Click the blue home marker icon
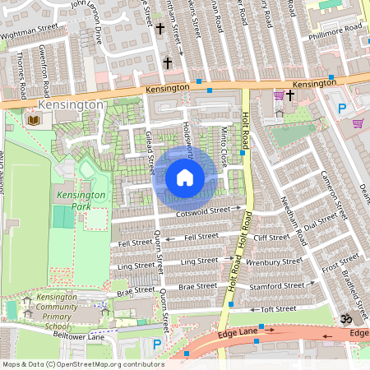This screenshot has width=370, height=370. [185, 178]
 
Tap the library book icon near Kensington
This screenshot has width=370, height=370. [33, 121]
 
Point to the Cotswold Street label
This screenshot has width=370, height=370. [203, 211]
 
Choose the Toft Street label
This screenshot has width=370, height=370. [277, 309]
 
